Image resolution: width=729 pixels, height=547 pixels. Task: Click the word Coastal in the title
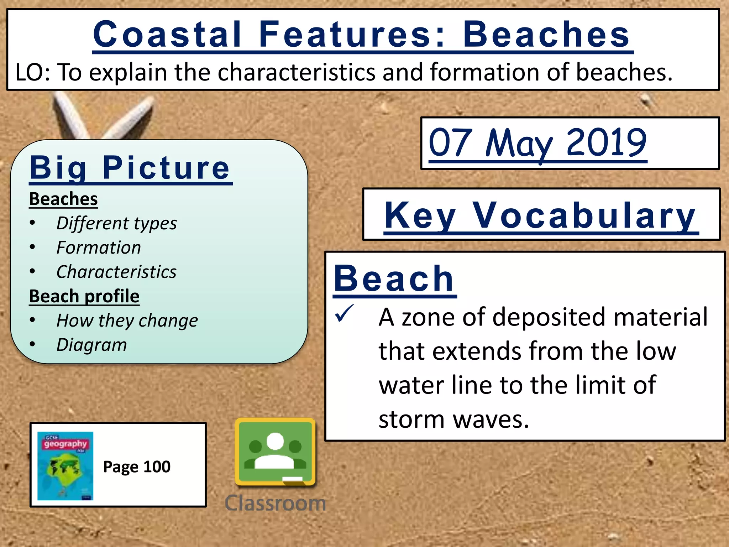click(167, 34)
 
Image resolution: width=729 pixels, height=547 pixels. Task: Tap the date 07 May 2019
click(537, 143)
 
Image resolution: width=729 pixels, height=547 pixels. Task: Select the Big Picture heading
click(130, 168)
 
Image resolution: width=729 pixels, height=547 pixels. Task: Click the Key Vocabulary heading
click(541, 215)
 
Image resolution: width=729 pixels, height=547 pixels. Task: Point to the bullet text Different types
click(116, 224)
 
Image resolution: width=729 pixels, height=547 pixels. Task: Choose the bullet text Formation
click(99, 248)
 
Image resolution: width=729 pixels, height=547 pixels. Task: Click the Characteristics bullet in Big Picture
click(116, 272)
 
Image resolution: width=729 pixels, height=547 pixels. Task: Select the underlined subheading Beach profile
click(84, 296)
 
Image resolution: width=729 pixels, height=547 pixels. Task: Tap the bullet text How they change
click(127, 321)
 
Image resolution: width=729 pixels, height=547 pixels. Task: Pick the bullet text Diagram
click(91, 345)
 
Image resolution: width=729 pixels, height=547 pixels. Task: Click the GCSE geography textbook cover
click(65, 466)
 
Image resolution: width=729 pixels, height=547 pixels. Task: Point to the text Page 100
click(137, 467)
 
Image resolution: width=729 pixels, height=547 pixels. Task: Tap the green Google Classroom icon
click(275, 452)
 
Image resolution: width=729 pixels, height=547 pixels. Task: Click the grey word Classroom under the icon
click(275, 503)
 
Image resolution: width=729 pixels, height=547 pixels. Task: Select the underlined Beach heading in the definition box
click(394, 279)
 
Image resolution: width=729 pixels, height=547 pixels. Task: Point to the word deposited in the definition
click(548, 317)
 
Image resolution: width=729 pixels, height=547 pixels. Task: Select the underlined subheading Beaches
click(63, 199)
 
